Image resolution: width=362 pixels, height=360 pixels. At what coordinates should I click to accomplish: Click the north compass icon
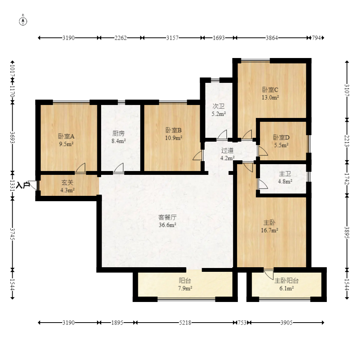tap(23, 20)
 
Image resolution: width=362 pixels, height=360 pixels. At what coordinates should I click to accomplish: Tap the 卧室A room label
tap(66, 136)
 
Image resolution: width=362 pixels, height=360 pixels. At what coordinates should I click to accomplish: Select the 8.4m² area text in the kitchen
tap(119, 141)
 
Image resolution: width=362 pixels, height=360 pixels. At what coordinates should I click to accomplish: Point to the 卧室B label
tap(174, 131)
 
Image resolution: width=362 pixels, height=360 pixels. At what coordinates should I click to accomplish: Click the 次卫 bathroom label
tap(218, 106)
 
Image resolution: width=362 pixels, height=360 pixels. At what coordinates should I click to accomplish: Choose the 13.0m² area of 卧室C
tap(270, 97)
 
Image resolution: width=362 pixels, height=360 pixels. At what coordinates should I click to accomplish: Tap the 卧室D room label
tap(281, 137)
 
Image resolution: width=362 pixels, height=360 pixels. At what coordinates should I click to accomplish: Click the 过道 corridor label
tap(228, 150)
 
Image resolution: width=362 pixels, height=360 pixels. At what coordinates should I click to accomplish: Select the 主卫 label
tap(285, 174)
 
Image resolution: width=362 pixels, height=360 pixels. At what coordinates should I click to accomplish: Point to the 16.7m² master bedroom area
tap(270, 230)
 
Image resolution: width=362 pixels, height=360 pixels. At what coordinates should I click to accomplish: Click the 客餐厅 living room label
tap(167, 217)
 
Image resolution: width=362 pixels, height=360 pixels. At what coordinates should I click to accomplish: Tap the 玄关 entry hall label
tap(68, 183)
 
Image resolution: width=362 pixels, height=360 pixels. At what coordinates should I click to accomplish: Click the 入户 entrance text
tap(24, 185)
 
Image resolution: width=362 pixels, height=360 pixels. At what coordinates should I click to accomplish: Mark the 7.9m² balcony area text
tap(185, 288)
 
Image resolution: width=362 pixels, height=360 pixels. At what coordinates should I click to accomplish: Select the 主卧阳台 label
tap(286, 281)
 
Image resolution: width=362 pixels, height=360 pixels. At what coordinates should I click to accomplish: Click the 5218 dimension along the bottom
tap(185, 323)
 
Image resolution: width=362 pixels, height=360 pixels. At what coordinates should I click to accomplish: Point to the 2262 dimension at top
tap(121, 38)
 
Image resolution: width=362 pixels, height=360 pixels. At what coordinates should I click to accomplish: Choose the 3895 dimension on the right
tap(347, 232)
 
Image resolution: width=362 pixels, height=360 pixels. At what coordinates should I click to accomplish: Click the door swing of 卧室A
tap(80, 168)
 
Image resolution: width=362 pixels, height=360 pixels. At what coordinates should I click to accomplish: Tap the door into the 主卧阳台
tap(269, 274)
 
